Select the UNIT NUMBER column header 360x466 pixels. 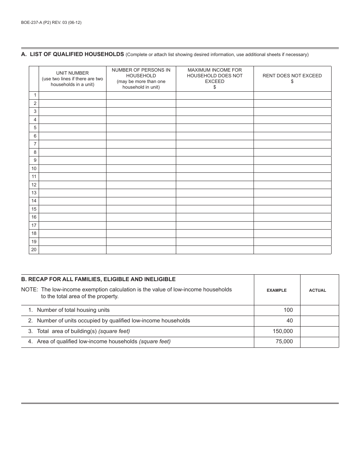[72, 78]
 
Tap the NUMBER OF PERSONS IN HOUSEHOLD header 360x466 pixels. [141, 78]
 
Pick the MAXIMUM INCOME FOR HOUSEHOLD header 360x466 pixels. [214, 78]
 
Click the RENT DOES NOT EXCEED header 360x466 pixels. [292, 78]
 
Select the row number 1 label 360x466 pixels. [34, 95]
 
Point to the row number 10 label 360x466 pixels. [34, 169]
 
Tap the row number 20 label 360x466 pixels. [34, 250]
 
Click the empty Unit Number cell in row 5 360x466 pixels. [72, 128]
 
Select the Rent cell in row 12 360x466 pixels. [292, 185]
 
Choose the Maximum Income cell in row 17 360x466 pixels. [214, 225]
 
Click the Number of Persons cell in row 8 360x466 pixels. [141, 152]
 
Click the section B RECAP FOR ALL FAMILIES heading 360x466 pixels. [99, 279]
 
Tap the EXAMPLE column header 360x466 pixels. [277, 290]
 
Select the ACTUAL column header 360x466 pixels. [318, 290]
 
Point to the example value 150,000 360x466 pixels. [283, 331]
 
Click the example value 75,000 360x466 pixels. [284, 341]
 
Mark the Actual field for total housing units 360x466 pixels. [319, 310]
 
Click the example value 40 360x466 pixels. [290, 321]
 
